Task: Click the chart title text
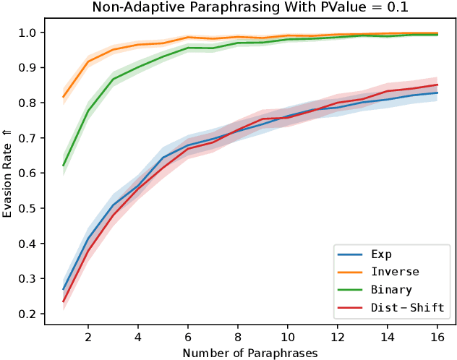[x=249, y=8]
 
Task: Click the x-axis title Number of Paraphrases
[x=249, y=353]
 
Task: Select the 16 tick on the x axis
[x=436, y=338]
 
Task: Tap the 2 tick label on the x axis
[x=88, y=338]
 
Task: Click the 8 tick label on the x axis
[x=237, y=338]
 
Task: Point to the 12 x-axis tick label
[x=337, y=338]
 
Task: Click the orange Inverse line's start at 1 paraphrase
[x=64, y=97]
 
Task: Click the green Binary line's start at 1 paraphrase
[x=64, y=166]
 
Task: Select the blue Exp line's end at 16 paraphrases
[x=437, y=93]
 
